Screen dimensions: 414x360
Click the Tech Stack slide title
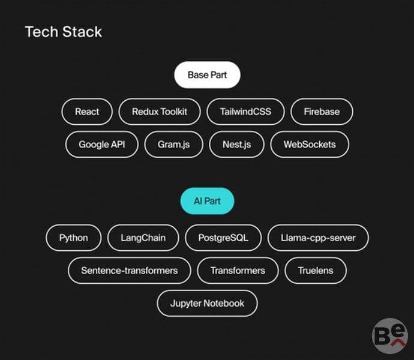point(64,32)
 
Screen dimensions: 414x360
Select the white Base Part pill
point(207,75)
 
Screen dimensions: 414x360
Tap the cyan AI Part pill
point(207,201)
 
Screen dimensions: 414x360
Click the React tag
point(87,112)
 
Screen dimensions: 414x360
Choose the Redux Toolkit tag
point(160,112)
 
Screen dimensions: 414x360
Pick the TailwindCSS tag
point(245,112)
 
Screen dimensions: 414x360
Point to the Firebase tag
point(322,112)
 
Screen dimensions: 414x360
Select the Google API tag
point(101,145)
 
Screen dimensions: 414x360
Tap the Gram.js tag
point(174,145)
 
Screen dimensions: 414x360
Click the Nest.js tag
point(236,145)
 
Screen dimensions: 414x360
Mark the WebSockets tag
point(310,145)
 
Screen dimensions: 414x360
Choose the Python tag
point(73,238)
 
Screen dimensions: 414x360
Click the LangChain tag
point(143,238)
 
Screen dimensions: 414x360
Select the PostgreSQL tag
point(223,238)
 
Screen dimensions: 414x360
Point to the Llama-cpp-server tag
point(318,238)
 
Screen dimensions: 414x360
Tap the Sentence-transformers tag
point(130,271)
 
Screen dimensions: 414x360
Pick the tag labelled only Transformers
point(238,271)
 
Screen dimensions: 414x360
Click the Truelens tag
point(316,271)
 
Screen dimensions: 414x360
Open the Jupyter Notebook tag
point(207,303)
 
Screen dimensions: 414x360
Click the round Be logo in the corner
point(390,336)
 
